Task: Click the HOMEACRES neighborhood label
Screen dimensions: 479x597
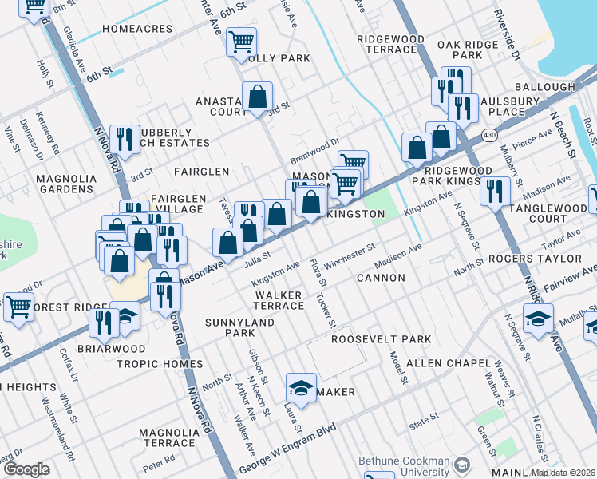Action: click(x=137, y=29)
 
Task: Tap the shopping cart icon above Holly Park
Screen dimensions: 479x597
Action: click(x=241, y=41)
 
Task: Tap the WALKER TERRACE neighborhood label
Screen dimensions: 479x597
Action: click(x=279, y=300)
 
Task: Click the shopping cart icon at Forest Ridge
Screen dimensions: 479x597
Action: click(x=18, y=305)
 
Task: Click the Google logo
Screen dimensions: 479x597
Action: click(x=26, y=469)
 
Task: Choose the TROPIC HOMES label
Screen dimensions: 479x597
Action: click(x=160, y=364)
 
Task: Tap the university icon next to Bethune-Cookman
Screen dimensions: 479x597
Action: click(x=461, y=464)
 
